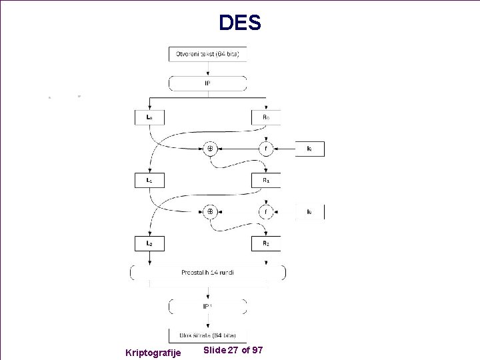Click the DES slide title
(240, 23)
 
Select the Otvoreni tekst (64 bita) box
(207, 53)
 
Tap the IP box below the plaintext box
(207, 83)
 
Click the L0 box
(150, 117)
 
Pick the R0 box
(265, 117)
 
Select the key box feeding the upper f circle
(310, 149)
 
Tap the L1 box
(150, 180)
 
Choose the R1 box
(265, 180)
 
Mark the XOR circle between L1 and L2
(209, 212)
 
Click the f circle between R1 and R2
(265, 212)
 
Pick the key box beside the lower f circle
(310, 212)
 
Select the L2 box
(150, 243)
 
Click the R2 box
(265, 243)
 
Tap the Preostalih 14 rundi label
(207, 272)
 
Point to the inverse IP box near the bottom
(207, 306)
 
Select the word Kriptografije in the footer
(153, 351)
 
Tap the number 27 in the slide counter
(233, 350)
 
